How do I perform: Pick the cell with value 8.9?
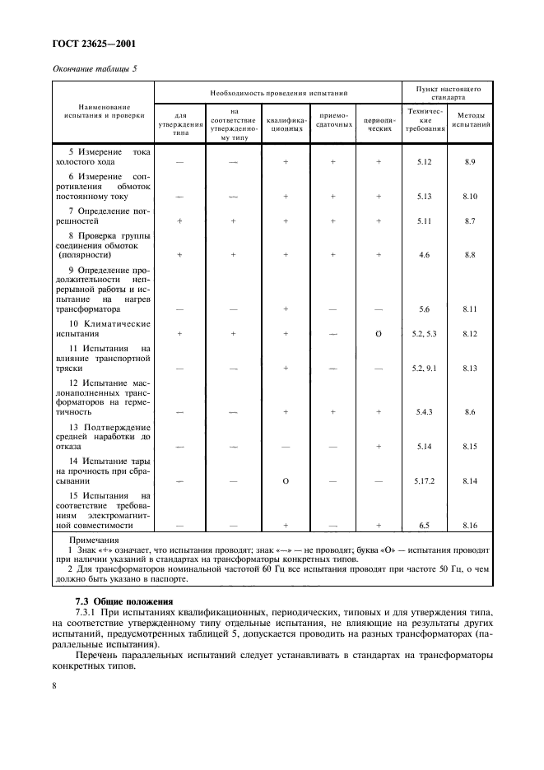pos(470,163)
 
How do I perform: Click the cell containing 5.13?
pos(425,197)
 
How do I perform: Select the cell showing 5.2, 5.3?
pos(425,334)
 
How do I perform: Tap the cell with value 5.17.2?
pos(425,480)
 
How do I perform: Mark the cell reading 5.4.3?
pos(425,411)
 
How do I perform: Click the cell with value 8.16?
pos(470,524)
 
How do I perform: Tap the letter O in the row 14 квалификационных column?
pos(286,480)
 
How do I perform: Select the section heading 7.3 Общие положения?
pos(114,601)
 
